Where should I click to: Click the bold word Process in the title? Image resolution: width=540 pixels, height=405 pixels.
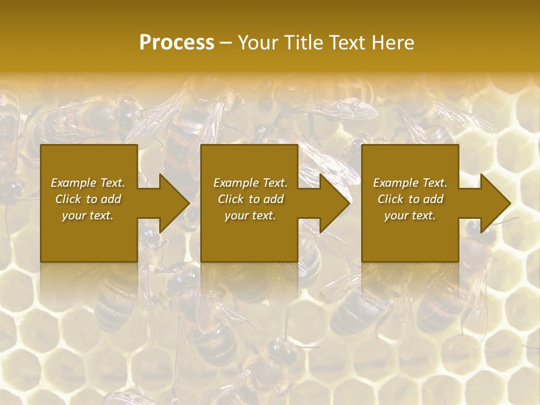tap(177, 42)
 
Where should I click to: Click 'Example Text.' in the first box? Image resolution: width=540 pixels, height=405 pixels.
tap(88, 183)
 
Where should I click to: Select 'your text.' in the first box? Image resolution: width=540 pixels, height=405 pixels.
tap(88, 215)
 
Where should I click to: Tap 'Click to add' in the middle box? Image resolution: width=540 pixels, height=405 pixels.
tap(250, 199)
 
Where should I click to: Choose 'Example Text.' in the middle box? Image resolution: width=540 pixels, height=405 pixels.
tap(250, 183)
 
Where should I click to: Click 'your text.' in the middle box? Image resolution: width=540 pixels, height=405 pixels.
tap(250, 215)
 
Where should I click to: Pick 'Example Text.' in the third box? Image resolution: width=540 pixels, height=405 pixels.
tap(410, 183)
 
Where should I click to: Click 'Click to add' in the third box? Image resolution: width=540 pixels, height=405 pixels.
tap(410, 199)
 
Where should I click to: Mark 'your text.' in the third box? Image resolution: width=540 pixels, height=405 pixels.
tap(410, 215)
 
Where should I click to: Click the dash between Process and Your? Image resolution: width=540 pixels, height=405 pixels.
tap(226, 43)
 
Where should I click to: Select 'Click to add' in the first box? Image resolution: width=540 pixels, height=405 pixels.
tap(88, 199)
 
